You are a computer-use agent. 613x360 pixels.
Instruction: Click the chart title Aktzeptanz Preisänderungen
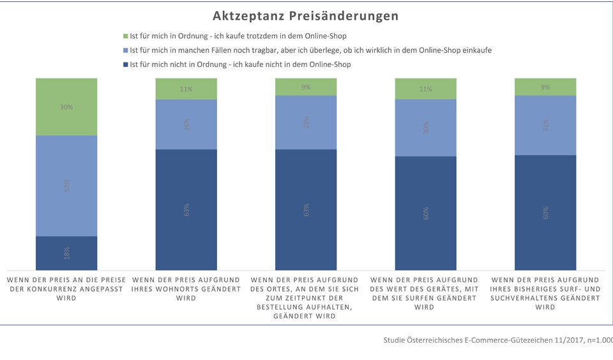point(305,15)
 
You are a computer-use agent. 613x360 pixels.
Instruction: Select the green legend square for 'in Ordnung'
point(125,36)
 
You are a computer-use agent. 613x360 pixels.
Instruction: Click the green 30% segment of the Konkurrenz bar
point(66,107)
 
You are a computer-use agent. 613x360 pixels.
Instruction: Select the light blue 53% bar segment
point(66,186)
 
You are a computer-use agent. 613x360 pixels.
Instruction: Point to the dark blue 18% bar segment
point(66,253)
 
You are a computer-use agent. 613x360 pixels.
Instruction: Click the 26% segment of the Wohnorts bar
point(186,124)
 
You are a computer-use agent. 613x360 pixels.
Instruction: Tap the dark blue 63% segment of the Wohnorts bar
point(186,209)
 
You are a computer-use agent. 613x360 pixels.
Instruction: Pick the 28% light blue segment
point(306,123)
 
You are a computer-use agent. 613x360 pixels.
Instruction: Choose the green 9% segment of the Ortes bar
point(306,87)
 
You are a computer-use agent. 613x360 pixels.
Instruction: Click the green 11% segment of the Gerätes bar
point(425,89)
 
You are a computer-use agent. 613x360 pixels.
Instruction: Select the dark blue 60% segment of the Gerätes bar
point(425,213)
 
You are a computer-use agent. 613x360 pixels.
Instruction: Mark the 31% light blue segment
point(545,125)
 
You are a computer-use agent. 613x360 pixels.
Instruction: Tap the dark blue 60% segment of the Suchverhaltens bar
point(545,212)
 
